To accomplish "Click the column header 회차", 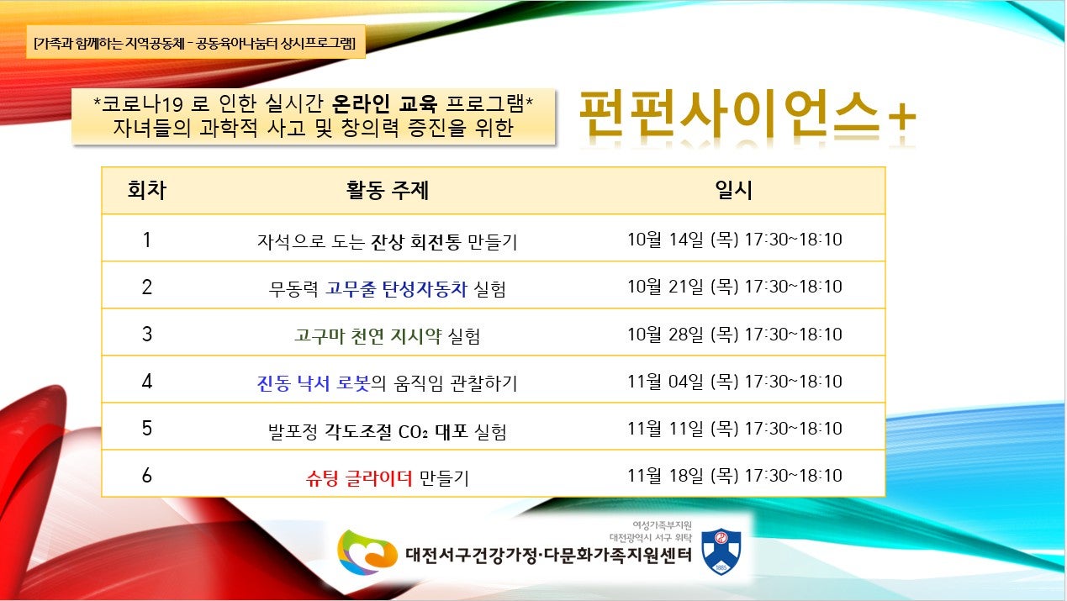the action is [146, 190].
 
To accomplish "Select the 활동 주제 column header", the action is [388, 190].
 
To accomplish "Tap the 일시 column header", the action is [733, 190].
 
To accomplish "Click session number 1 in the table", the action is [146, 240].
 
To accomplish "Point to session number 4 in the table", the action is [146, 381].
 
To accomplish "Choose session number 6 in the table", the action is [146, 475].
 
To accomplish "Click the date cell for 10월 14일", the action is [735, 239].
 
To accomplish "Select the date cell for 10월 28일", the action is [735, 334].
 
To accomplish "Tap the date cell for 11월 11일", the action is [735, 428].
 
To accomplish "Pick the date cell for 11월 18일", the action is [735, 475].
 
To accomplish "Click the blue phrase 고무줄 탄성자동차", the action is [396, 288].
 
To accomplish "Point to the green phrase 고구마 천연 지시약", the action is [367, 335].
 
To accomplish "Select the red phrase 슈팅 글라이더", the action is [359, 477].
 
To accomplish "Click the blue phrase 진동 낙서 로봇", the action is [314, 383].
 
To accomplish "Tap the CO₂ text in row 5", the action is [413, 432].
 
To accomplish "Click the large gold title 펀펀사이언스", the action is [729, 113].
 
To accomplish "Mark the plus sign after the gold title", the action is [901, 118].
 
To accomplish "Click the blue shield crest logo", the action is [721, 551].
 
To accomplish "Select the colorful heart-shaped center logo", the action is [367, 552].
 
